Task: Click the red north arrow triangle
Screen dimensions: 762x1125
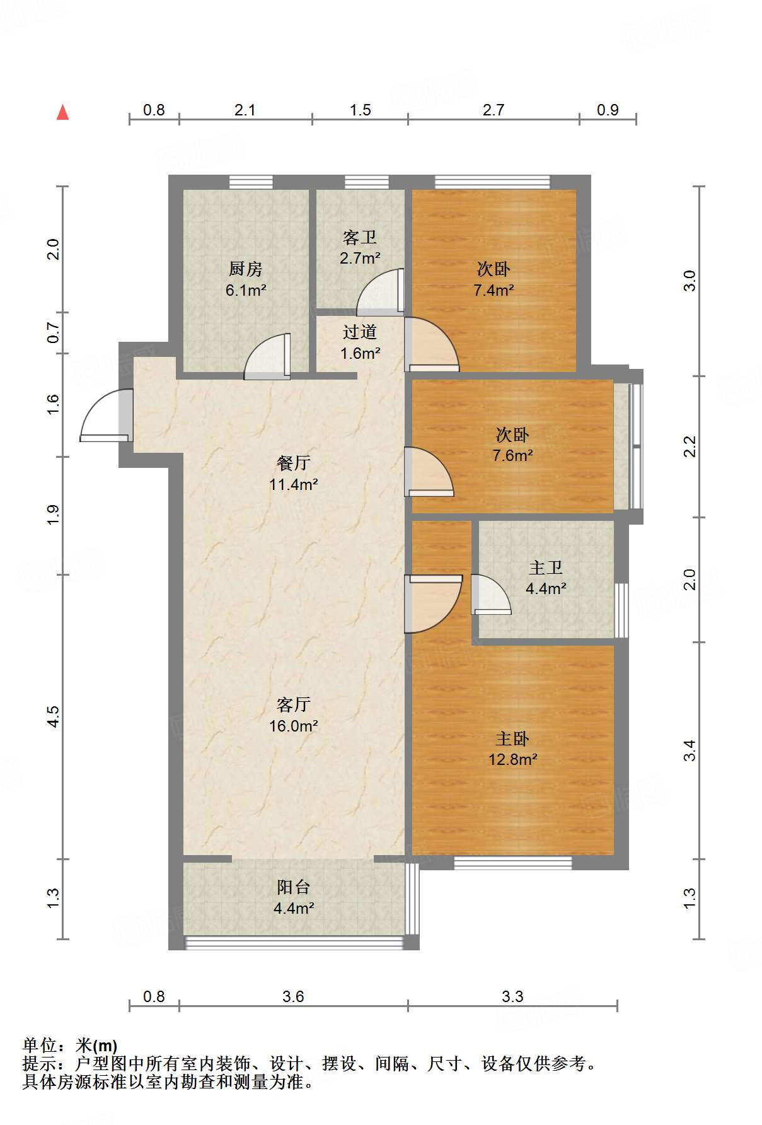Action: pyautogui.click(x=62, y=112)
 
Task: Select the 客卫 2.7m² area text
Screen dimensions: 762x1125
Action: pyautogui.click(x=360, y=258)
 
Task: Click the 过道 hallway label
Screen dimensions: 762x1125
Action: pyautogui.click(x=360, y=332)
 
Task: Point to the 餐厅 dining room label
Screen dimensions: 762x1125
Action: pyautogui.click(x=293, y=463)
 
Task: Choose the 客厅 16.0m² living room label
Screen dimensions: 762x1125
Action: pyautogui.click(x=293, y=715)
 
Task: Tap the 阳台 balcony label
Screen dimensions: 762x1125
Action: pyautogui.click(x=293, y=887)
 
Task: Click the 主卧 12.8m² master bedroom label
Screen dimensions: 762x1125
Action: pyautogui.click(x=512, y=749)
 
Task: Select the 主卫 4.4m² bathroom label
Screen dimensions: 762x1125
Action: pyautogui.click(x=546, y=578)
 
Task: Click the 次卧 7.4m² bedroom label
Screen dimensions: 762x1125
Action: pyautogui.click(x=494, y=279)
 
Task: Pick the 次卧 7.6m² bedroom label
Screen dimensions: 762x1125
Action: pyautogui.click(x=512, y=445)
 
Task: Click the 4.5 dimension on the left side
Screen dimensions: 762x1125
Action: pyautogui.click(x=54, y=716)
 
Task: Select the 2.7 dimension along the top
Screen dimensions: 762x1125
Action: pyautogui.click(x=494, y=110)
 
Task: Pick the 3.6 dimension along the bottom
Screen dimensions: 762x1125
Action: pyautogui.click(x=293, y=996)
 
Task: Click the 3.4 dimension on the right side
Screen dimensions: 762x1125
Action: pyautogui.click(x=690, y=750)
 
